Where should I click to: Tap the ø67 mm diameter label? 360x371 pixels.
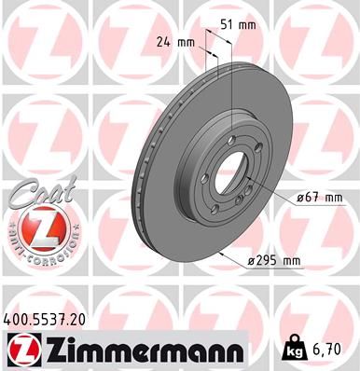coord(321,198)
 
